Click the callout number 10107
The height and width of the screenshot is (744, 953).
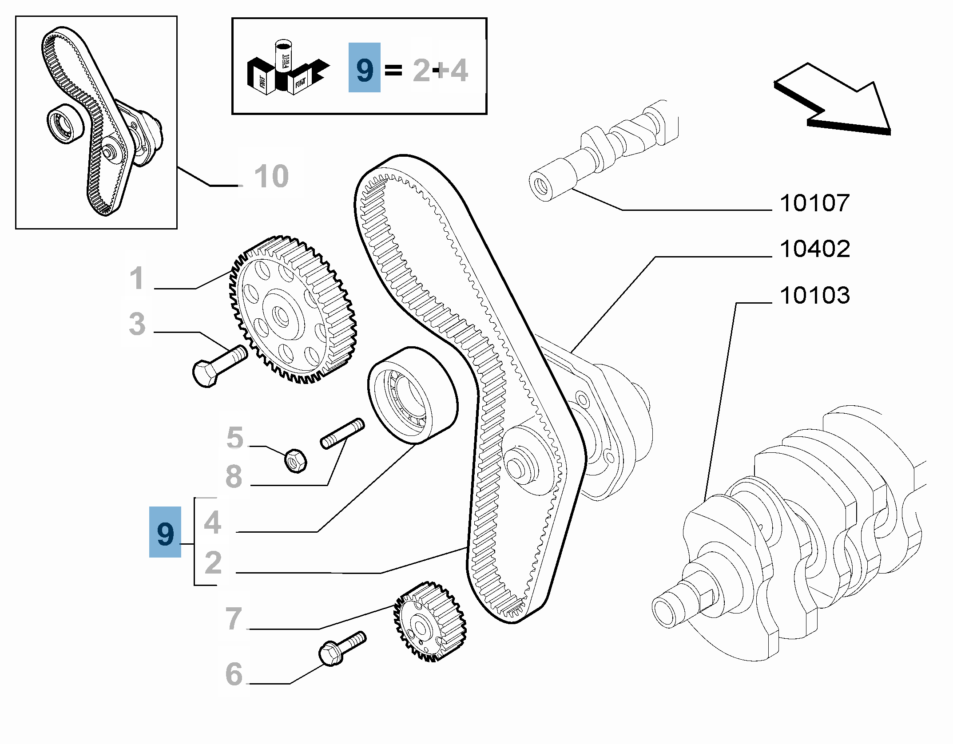pos(814,203)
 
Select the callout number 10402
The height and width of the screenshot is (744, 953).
pos(814,249)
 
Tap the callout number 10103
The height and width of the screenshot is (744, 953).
pos(814,296)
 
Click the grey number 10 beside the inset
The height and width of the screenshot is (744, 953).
pos(271,176)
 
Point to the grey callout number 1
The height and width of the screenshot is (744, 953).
pos(137,278)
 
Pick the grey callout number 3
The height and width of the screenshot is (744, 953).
pos(137,324)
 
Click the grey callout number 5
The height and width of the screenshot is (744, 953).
pos(235,438)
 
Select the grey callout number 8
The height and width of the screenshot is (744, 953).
pos(234,476)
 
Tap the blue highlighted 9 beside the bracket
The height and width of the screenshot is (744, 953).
pos(165,532)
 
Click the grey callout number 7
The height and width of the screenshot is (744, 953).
pos(234,618)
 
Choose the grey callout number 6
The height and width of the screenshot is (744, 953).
pos(234,674)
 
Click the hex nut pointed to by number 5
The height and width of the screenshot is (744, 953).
pos(295,461)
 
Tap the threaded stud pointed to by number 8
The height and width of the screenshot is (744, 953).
pos(342,433)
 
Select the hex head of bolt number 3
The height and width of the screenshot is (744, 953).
pos(205,374)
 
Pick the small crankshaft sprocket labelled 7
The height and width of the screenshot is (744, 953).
pos(429,622)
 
